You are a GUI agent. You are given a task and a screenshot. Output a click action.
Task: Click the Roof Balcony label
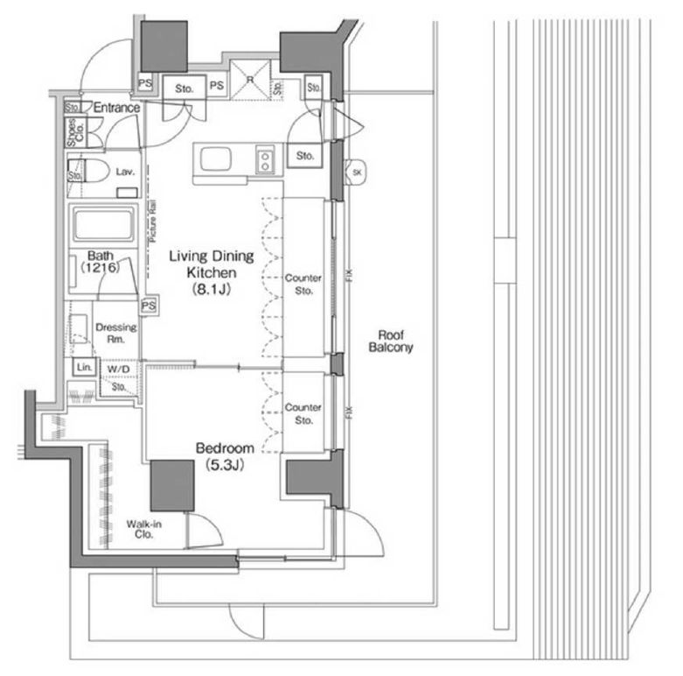(x=395, y=341)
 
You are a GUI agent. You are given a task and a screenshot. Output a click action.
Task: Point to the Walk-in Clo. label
(x=143, y=529)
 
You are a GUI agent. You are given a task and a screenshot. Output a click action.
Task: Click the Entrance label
(x=116, y=108)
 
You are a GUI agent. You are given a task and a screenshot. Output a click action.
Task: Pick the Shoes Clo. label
(x=77, y=131)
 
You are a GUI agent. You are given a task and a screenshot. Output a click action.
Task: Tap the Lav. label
(x=124, y=173)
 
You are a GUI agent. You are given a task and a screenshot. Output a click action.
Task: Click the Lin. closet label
(x=84, y=368)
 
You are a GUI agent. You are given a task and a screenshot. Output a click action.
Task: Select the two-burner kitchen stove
(x=264, y=159)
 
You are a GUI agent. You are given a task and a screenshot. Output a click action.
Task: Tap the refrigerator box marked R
(x=251, y=78)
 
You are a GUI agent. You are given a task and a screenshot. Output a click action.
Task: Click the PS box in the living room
(x=149, y=306)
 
